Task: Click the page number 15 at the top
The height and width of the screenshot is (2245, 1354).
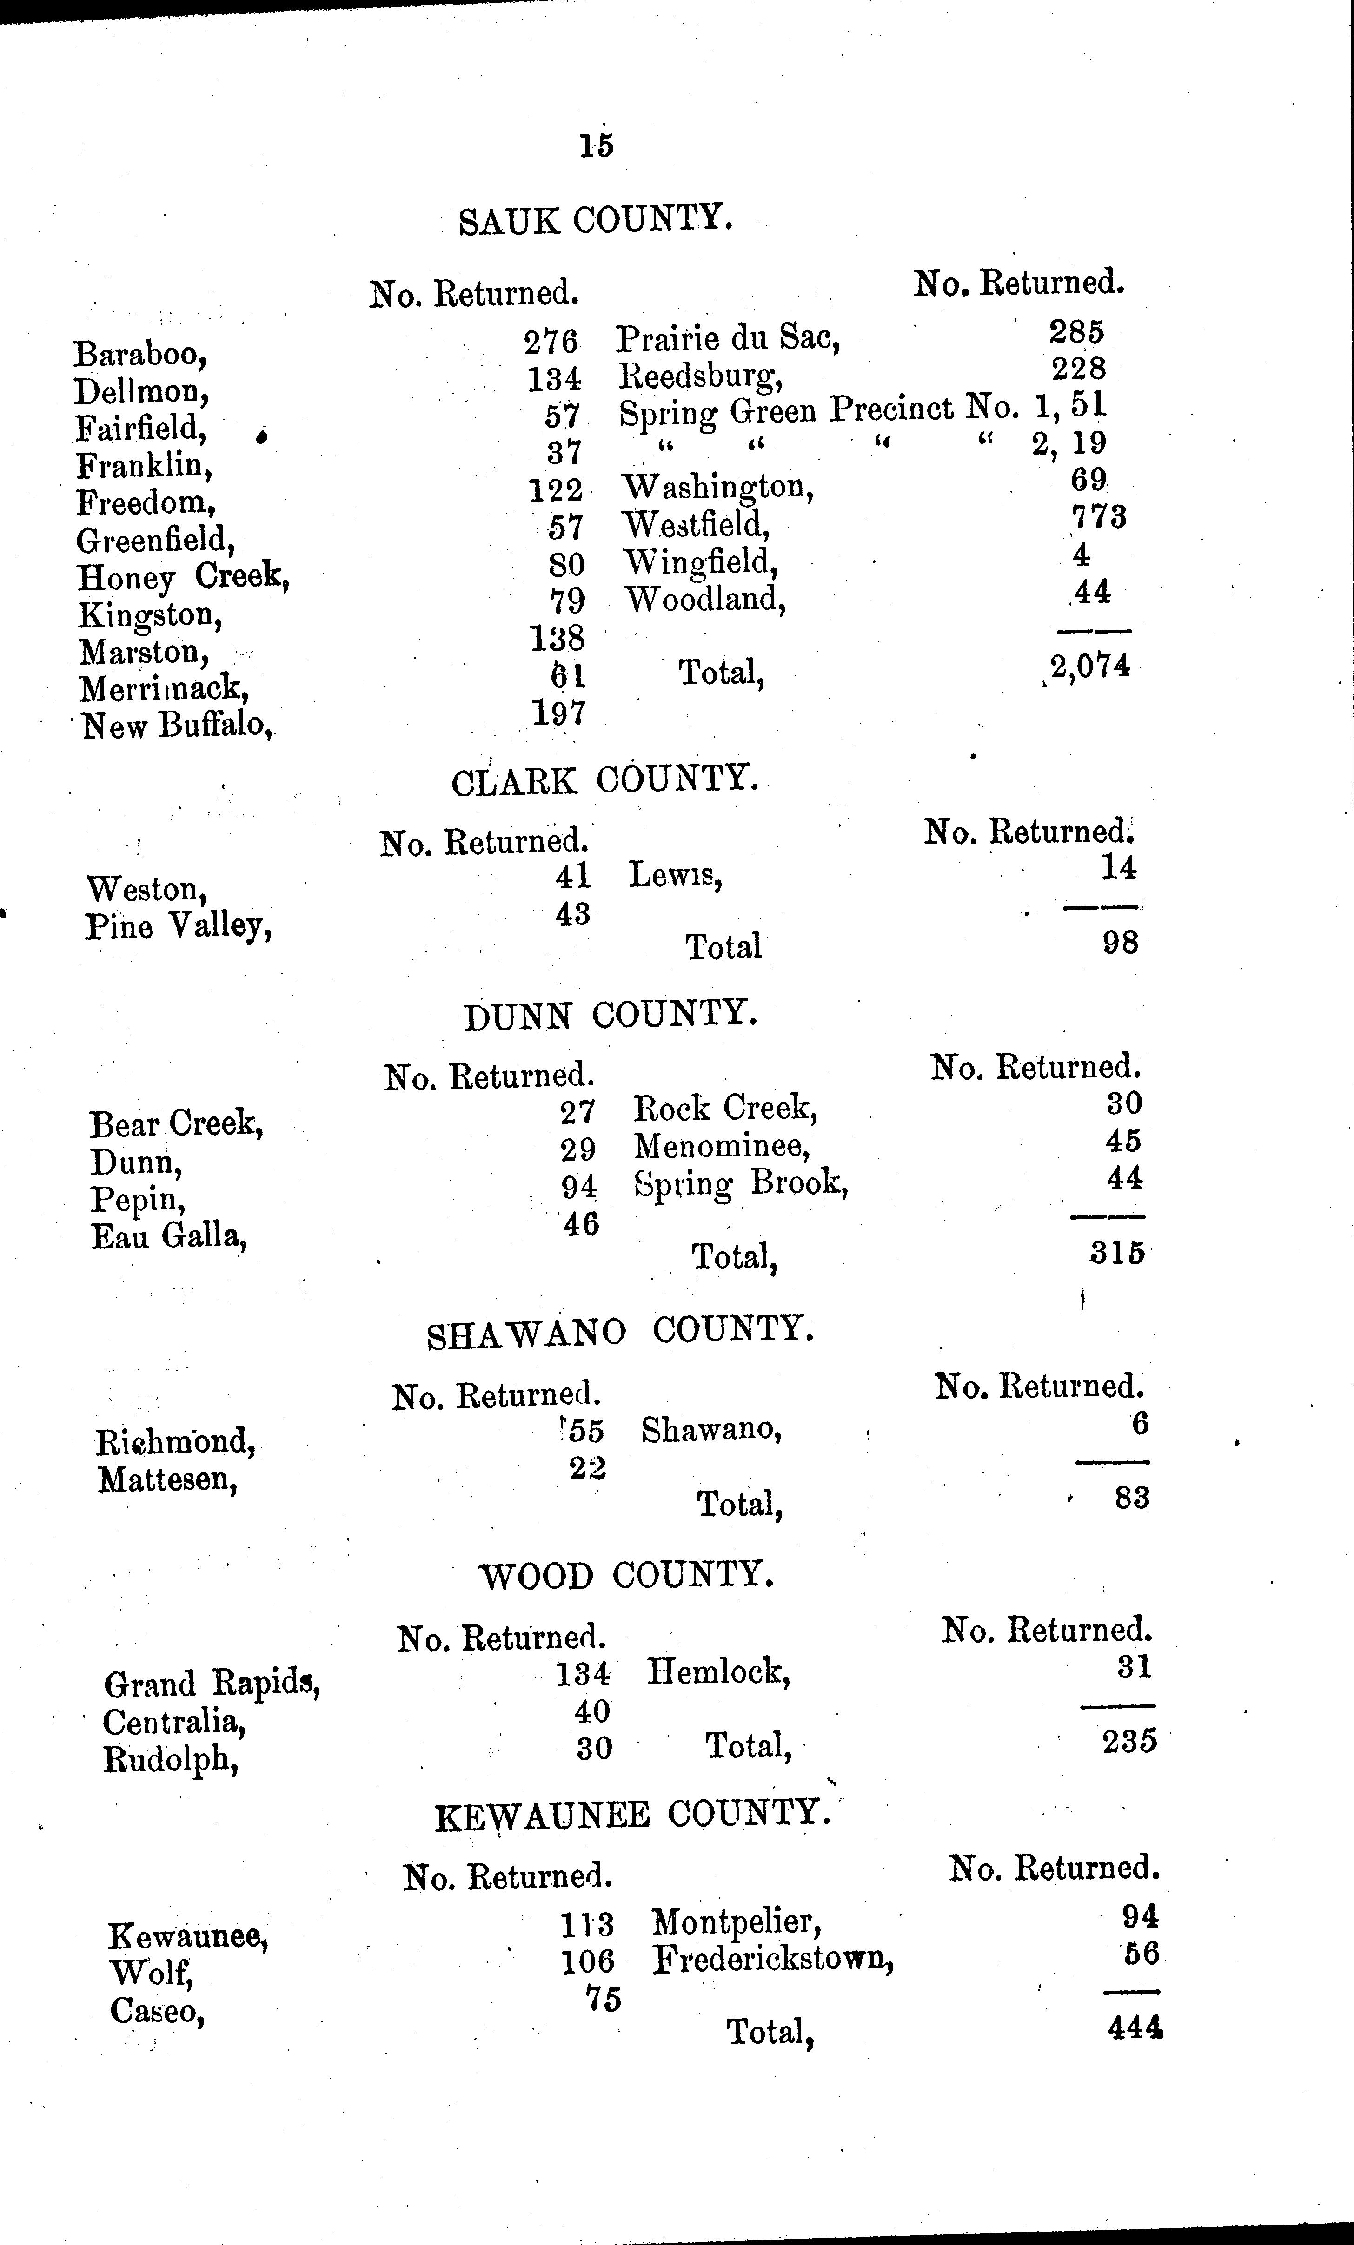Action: [x=597, y=146]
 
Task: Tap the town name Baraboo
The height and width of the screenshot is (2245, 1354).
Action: [x=140, y=354]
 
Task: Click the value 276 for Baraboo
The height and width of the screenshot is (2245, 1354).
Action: [x=551, y=342]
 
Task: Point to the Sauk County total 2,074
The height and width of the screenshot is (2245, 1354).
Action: [x=1090, y=667]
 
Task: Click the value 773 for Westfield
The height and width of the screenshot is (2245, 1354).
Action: [x=1099, y=517]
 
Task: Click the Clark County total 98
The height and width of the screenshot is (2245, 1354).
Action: [x=1120, y=942]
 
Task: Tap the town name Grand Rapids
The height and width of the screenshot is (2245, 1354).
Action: [x=212, y=1684]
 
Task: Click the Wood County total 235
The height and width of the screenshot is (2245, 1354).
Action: [x=1129, y=1741]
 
